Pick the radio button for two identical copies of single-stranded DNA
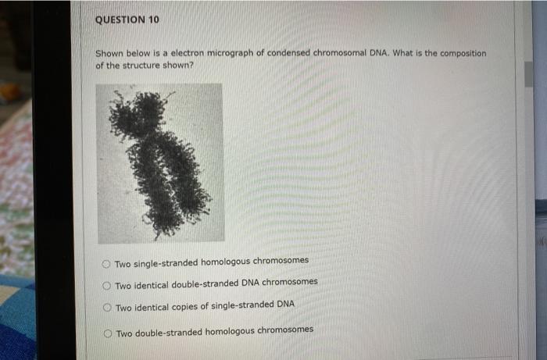(x=106, y=308)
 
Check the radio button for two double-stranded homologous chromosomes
(x=107, y=333)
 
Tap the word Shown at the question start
(x=109, y=54)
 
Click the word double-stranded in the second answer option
(x=205, y=282)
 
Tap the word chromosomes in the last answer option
(x=286, y=330)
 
